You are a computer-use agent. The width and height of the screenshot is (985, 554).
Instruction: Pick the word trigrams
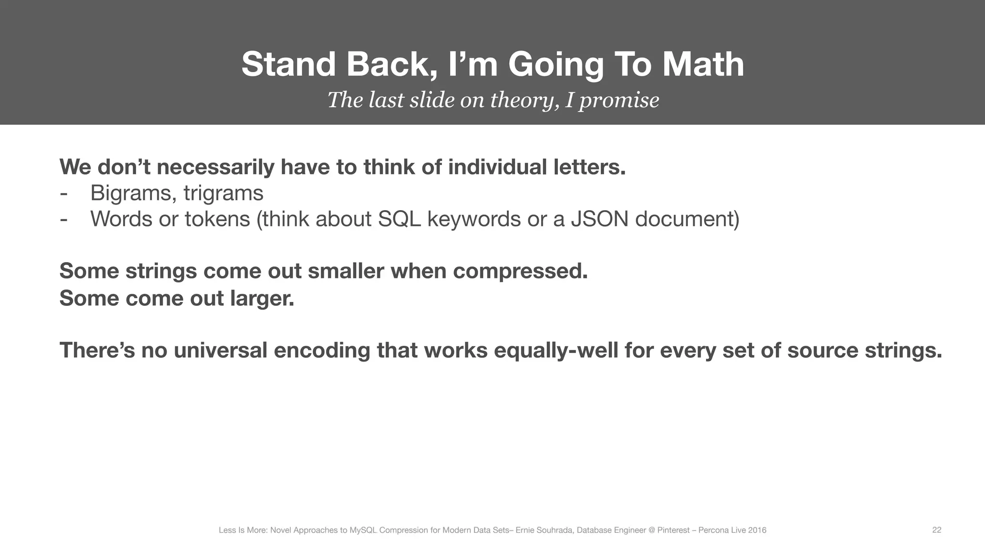(x=223, y=193)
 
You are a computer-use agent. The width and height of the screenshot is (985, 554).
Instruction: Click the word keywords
(x=474, y=219)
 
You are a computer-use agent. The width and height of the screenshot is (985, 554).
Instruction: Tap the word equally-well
(x=556, y=350)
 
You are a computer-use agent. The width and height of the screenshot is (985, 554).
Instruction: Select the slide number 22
(x=936, y=530)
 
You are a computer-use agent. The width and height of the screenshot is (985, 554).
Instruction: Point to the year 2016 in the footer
(x=758, y=530)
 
